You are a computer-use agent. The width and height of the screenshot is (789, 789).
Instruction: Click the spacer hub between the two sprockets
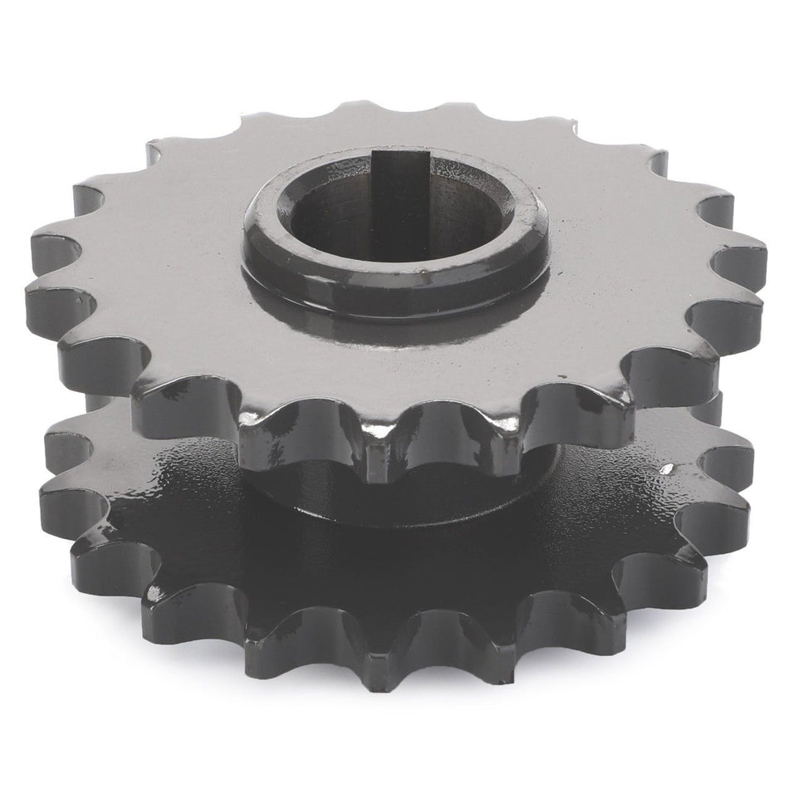(x=465, y=498)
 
